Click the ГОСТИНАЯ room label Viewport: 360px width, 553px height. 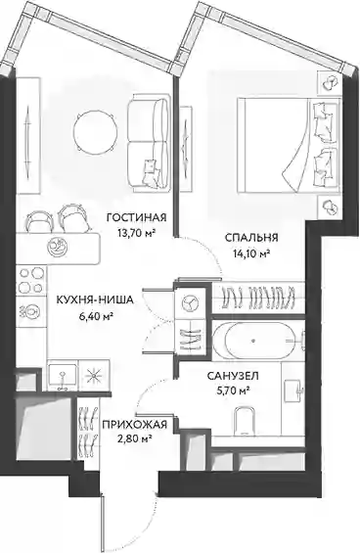[x=136, y=217]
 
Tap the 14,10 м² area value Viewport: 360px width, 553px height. [x=251, y=253]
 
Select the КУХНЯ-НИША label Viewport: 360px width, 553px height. [x=95, y=300]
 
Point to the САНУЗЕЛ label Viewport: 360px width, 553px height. [x=233, y=376]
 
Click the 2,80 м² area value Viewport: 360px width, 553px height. [x=134, y=438]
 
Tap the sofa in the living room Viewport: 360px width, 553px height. [x=149, y=143]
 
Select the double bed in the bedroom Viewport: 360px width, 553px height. [x=289, y=145]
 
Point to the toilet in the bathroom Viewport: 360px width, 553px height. [x=245, y=421]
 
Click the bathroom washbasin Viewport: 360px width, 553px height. [x=292, y=391]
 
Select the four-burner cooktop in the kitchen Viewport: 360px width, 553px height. [x=31, y=280]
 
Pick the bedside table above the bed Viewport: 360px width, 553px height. [x=330, y=83]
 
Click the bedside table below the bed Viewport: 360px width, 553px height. [x=330, y=208]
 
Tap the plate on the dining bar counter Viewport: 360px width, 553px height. [x=58, y=245]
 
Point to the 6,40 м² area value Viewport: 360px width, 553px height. [x=96, y=315]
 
